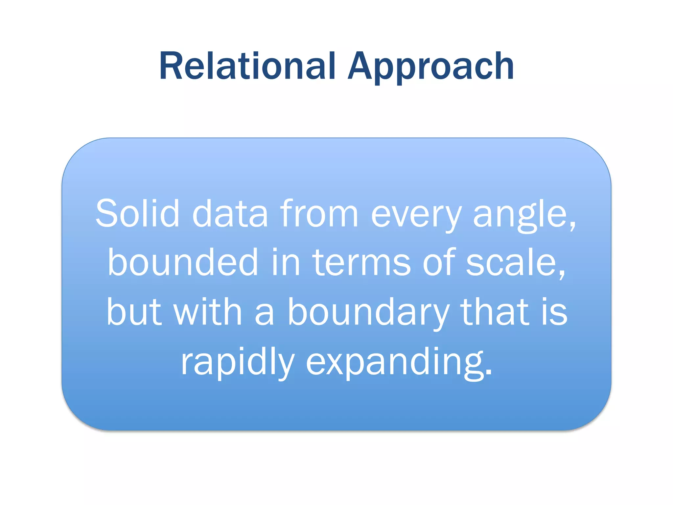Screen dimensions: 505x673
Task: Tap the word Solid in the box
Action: pos(137,214)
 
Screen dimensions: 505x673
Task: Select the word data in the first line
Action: pos(230,214)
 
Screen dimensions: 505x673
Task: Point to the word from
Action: pos(319,214)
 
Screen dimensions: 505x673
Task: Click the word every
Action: pos(416,215)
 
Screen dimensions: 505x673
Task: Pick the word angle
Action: pos(520,215)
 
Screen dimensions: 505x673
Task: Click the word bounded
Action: pos(183,262)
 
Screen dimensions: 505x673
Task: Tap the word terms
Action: pos(361,263)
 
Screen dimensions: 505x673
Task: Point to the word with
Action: pos(208,312)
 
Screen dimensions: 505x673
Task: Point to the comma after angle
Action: pos(573,227)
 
